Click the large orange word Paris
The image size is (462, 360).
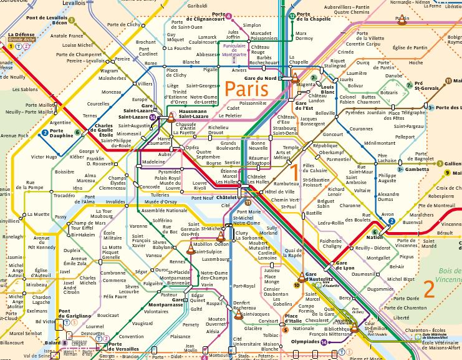246,89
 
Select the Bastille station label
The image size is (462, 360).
313,213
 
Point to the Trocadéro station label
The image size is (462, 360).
64,195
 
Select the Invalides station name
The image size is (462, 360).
115,202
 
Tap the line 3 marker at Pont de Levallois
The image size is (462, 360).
72,20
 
